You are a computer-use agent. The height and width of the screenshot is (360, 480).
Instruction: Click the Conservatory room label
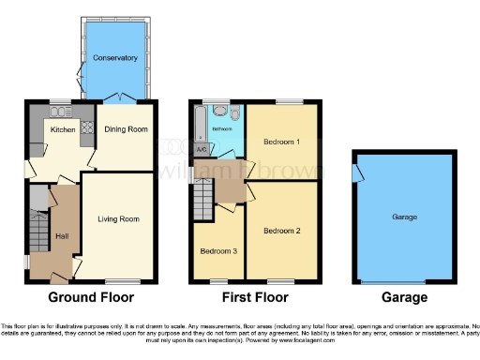point(115,58)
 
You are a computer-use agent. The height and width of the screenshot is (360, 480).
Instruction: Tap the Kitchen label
point(63,130)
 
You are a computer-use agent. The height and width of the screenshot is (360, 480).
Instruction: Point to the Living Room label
point(118,219)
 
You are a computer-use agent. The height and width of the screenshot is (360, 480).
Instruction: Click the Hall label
point(63,236)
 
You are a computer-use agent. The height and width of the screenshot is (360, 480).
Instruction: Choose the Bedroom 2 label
point(281,231)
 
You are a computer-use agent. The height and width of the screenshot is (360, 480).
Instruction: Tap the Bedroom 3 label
point(217,251)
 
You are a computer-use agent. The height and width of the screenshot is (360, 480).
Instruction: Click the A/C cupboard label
point(202,148)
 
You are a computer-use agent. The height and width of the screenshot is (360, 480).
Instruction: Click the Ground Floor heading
point(91,297)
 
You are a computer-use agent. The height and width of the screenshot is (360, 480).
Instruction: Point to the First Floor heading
point(253,297)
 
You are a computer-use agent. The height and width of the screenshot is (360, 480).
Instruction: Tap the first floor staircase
point(203,199)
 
